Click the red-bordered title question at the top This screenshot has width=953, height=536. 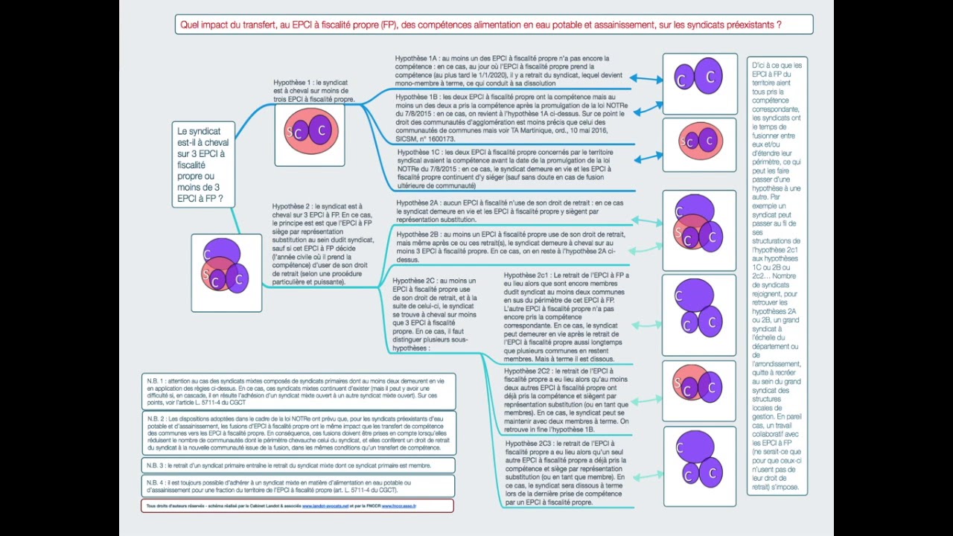[x=494, y=25]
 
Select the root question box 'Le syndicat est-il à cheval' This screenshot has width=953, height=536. [x=203, y=165]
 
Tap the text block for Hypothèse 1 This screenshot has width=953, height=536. [x=313, y=91]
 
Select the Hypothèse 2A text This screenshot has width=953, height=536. [x=510, y=211]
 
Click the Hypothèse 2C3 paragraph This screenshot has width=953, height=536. [x=567, y=473]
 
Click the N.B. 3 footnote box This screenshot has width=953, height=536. [x=298, y=465]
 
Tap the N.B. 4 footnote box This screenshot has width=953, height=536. [x=298, y=486]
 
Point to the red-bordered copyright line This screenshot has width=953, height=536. [x=297, y=506]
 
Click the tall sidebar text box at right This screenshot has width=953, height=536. [x=777, y=275]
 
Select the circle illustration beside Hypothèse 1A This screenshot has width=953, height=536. [x=699, y=77]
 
